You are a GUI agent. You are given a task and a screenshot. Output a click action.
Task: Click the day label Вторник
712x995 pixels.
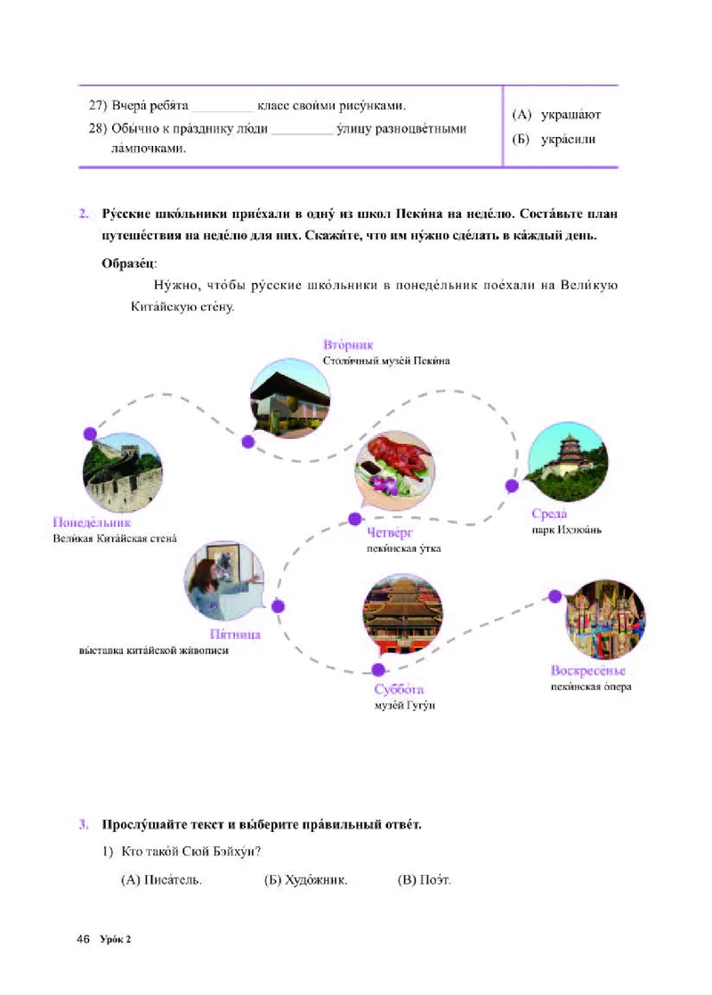349,344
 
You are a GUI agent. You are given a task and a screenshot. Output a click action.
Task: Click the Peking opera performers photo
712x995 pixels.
605,619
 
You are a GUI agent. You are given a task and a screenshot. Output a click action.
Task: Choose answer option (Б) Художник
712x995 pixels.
305,880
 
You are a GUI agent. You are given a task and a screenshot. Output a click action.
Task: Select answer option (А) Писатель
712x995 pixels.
161,880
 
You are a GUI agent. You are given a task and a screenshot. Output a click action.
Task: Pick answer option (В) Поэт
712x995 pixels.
425,880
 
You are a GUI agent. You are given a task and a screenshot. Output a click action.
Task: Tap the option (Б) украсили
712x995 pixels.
554,139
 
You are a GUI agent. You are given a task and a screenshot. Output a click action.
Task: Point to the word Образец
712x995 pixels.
130,263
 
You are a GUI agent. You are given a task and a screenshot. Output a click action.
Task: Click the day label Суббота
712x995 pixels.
399,690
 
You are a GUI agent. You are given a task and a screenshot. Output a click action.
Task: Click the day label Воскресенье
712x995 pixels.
589,670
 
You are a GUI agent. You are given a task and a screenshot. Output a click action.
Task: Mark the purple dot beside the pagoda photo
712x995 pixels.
512,486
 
